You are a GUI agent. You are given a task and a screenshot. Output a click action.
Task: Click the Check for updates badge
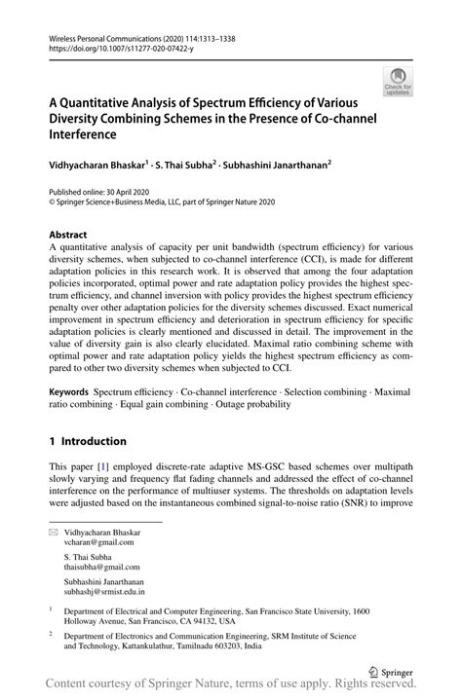398,83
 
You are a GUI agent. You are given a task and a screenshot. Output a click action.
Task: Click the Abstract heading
67,236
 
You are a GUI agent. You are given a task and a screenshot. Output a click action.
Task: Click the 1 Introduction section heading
88,441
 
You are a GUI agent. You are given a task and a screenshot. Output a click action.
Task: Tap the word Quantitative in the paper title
108,102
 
